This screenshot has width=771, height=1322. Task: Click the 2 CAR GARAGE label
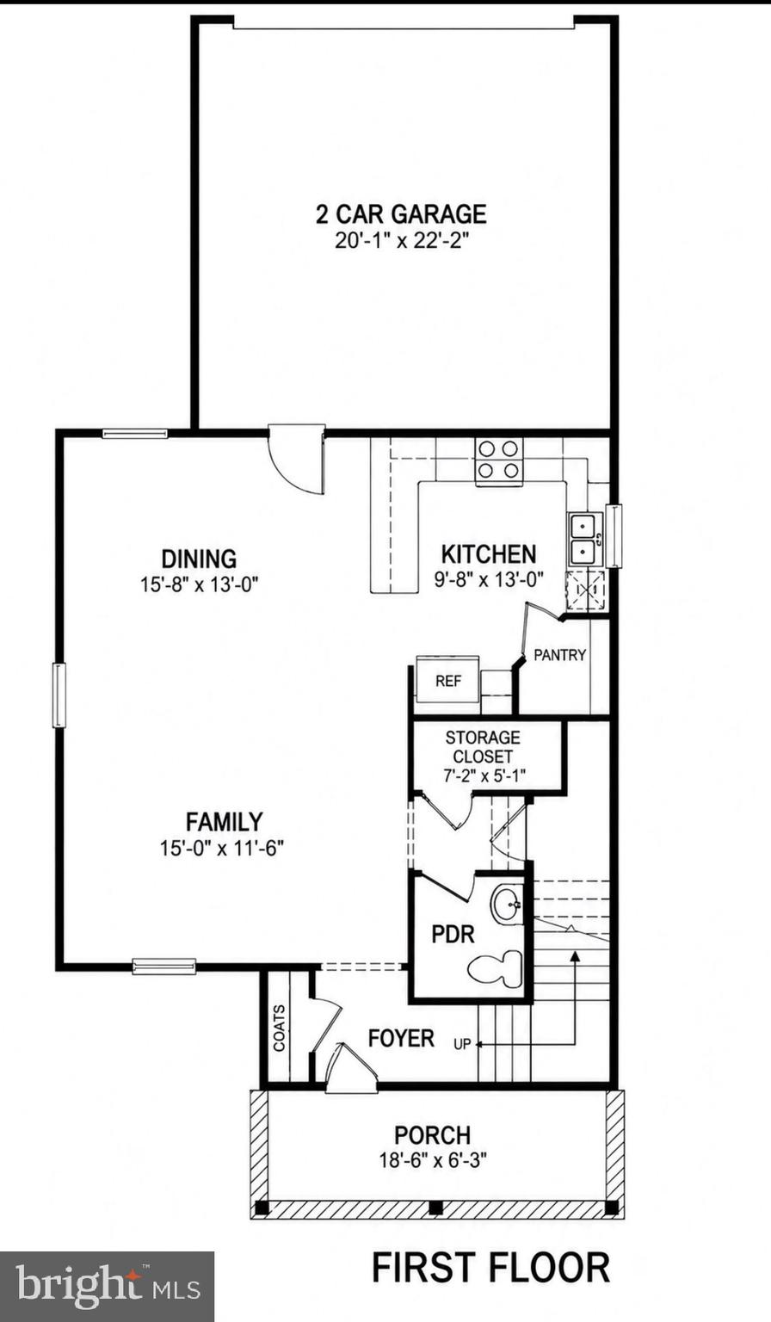[x=401, y=213]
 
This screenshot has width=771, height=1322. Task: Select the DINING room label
[x=200, y=559]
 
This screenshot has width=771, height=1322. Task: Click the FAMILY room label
[x=225, y=822]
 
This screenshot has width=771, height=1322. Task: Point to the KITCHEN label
[x=489, y=554]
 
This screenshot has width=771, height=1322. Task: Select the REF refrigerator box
[x=447, y=678]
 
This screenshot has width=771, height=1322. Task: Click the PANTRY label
[x=560, y=654]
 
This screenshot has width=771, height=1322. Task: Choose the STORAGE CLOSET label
[x=483, y=746]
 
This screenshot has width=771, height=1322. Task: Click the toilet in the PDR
[x=496, y=968]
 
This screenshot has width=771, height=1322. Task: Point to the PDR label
[x=453, y=935]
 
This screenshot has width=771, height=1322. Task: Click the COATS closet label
[x=279, y=1029]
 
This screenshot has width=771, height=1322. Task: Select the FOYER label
[x=401, y=1038]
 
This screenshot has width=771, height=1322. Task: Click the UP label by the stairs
[x=462, y=1044]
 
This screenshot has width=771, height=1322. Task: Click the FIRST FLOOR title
[x=490, y=1267]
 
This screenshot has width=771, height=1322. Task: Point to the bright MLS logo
[x=107, y=1285]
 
